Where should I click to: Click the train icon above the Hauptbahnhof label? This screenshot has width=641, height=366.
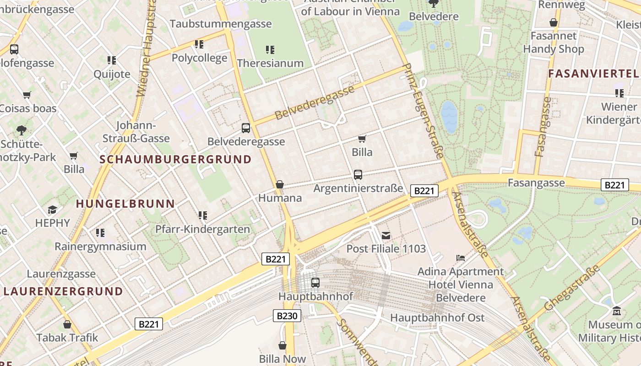click(315, 283)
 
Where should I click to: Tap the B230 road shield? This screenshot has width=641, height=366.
click(287, 316)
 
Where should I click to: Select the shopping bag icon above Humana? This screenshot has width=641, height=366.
click(280, 184)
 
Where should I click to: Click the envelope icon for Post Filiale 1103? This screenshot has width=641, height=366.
click(386, 236)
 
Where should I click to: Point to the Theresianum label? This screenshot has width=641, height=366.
click(270, 63)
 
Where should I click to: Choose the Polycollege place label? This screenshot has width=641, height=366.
click(199, 58)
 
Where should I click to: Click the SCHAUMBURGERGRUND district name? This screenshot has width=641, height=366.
click(175, 160)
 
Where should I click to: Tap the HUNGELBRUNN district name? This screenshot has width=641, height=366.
click(125, 204)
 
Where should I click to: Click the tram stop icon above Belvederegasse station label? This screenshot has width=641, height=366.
click(246, 128)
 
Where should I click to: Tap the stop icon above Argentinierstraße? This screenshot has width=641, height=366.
click(358, 175)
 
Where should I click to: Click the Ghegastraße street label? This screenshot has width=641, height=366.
click(572, 288)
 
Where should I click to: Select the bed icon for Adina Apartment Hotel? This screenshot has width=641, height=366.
click(461, 258)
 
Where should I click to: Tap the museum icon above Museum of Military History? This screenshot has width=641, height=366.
click(616, 311)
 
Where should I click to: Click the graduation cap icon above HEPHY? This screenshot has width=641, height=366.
click(53, 210)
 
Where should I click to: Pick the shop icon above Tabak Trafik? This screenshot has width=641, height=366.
click(67, 324)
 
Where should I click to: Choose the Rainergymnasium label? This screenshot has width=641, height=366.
click(100, 247)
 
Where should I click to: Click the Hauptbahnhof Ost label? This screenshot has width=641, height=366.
click(437, 318)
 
